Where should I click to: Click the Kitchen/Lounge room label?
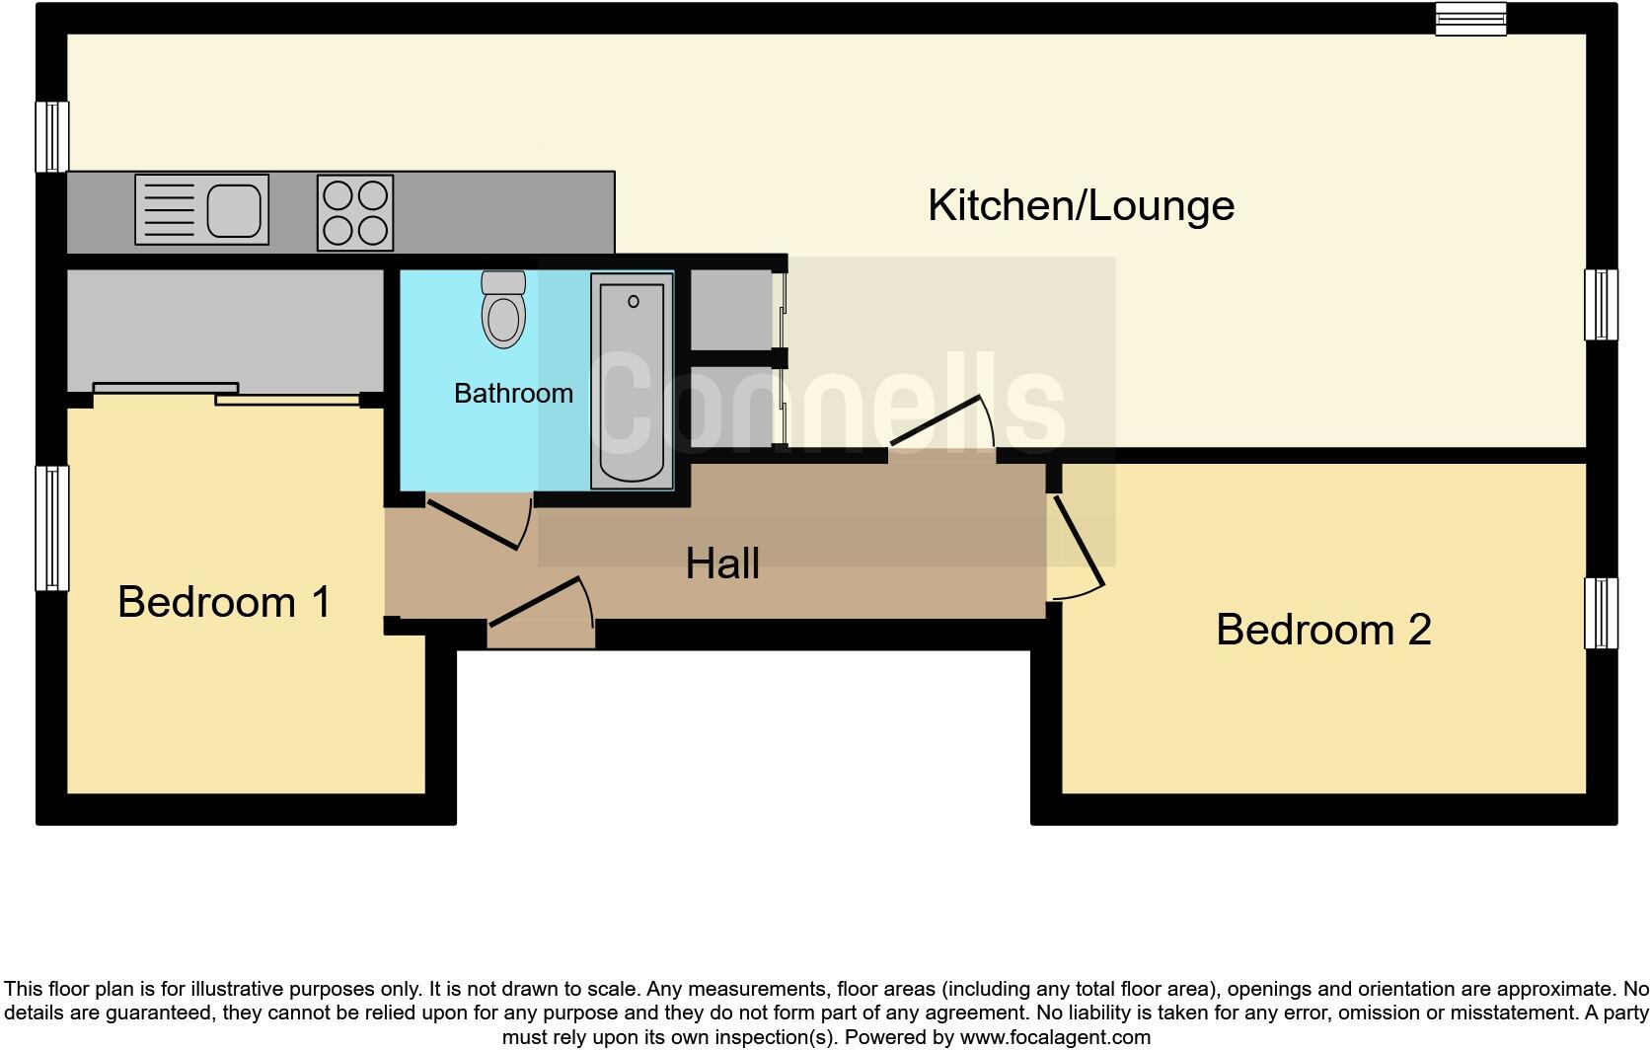(x=1081, y=205)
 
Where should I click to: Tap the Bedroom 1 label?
(x=224, y=602)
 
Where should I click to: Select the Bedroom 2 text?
(x=1322, y=630)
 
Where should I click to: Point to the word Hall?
(x=722, y=563)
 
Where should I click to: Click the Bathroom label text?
(x=513, y=394)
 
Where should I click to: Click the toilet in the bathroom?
(x=503, y=310)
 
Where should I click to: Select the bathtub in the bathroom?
(x=632, y=381)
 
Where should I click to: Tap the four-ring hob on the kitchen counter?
(x=355, y=212)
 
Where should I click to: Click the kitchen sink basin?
(x=236, y=209)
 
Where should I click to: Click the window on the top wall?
(x=1470, y=19)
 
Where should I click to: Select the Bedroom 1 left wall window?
(x=52, y=529)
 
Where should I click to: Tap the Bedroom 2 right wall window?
(x=1601, y=613)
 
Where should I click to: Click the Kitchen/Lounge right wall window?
(x=1601, y=305)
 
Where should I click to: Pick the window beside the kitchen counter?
(x=52, y=136)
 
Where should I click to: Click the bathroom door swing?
(x=477, y=524)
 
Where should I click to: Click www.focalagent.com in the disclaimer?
(x=1055, y=1037)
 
